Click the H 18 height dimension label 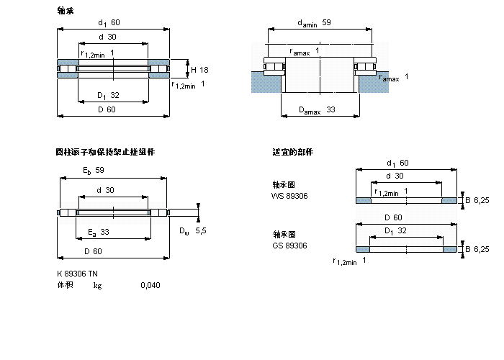click(x=199, y=70)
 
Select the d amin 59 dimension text click(x=314, y=23)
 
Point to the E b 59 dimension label click(x=94, y=171)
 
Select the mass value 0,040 click(x=150, y=285)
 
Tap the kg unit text click(x=97, y=285)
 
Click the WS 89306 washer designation click(x=289, y=195)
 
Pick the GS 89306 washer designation click(x=289, y=246)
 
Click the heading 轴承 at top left click(x=65, y=10)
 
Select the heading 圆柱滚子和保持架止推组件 click(x=105, y=153)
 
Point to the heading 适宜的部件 click(x=293, y=153)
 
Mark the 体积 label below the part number click(x=65, y=285)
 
